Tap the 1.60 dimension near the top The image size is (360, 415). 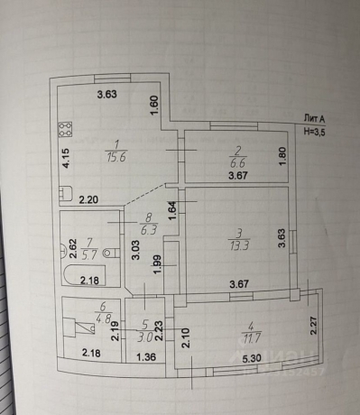click(x=154, y=106)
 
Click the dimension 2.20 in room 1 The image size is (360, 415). click(x=88, y=199)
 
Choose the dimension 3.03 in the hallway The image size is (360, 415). click(x=134, y=246)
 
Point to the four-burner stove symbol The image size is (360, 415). click(x=65, y=128)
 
